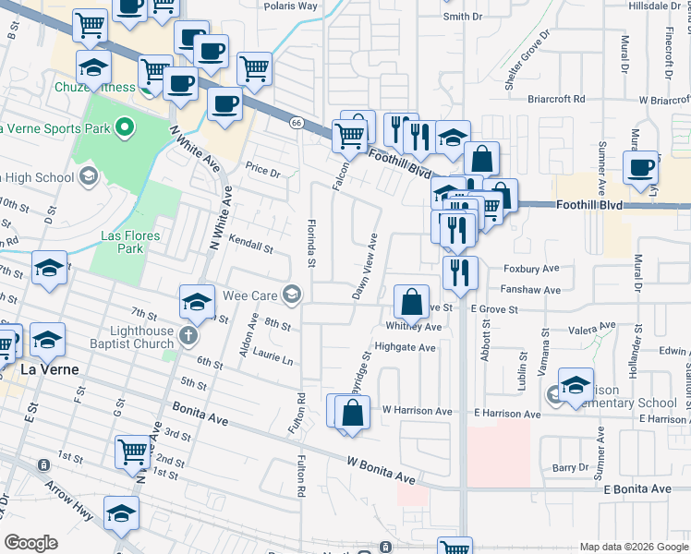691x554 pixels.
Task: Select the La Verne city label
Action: click(48, 369)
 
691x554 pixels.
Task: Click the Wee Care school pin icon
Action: click(292, 295)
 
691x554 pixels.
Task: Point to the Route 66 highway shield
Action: click(296, 123)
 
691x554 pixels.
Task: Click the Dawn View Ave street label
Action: click(369, 265)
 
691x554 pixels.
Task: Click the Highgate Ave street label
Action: click(405, 348)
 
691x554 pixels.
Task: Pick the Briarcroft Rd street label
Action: click(557, 99)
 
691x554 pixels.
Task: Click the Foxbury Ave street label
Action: click(532, 269)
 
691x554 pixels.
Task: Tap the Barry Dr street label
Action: click(564, 468)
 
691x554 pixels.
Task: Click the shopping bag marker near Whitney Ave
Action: click(411, 302)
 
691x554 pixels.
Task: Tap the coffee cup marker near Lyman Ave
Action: click(640, 168)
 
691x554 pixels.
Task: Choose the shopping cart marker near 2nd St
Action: click(133, 453)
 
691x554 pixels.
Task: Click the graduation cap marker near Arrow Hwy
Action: click(121, 515)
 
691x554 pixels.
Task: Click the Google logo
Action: click(30, 544)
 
